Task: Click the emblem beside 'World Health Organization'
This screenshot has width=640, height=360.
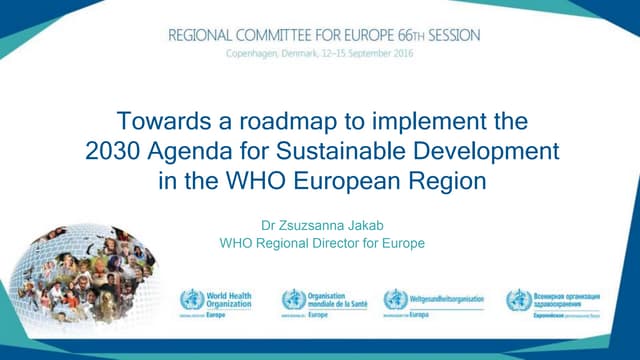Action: click(191, 299)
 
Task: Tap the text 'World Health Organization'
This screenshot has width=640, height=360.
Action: click(229, 299)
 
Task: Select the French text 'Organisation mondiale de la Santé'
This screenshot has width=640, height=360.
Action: click(334, 299)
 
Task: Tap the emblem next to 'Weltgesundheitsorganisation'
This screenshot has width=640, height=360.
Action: click(395, 299)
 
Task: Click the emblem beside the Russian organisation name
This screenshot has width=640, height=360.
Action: click(518, 299)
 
